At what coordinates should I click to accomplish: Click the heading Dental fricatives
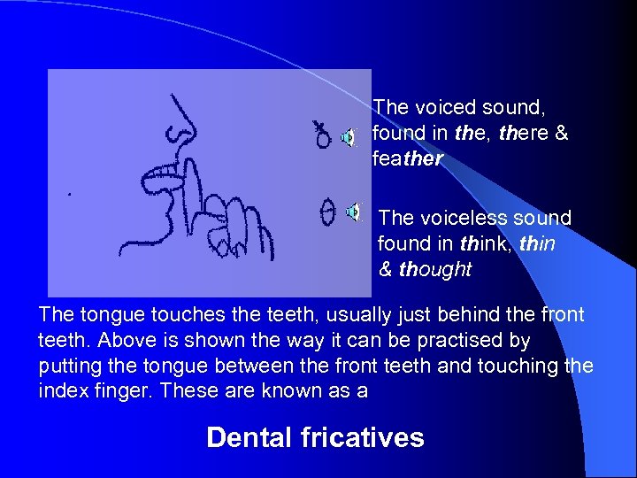pos(315,437)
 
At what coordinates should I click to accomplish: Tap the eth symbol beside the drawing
pos(323,135)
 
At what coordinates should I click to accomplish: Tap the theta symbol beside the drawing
pos(326,212)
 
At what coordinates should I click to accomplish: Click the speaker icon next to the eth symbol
pos(348,137)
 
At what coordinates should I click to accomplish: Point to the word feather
pos(408,160)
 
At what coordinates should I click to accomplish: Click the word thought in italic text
pos(435,270)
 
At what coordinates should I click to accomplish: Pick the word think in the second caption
pos(483,243)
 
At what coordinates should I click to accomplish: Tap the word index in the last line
pos(62,390)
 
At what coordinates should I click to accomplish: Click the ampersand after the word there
pos(559,134)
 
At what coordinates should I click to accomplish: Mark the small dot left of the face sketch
pos(70,192)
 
